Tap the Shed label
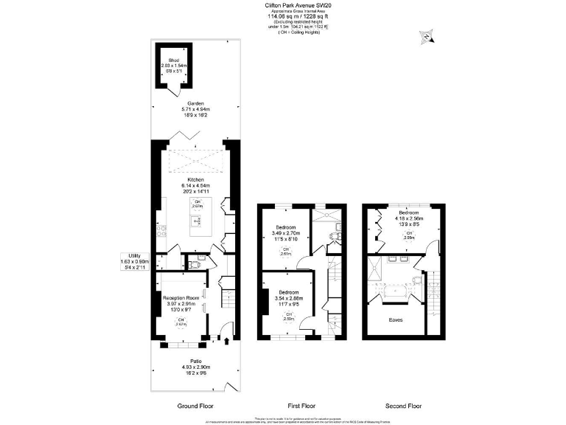click(x=174, y=60)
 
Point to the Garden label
click(x=195, y=103)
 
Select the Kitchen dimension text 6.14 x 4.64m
click(x=195, y=185)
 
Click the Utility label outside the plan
click(x=134, y=255)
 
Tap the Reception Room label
click(x=184, y=297)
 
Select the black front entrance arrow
click(x=226, y=340)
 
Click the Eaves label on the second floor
click(x=396, y=320)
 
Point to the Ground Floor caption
click(x=195, y=406)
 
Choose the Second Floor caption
click(x=405, y=406)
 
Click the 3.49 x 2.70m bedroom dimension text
click(x=285, y=234)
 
